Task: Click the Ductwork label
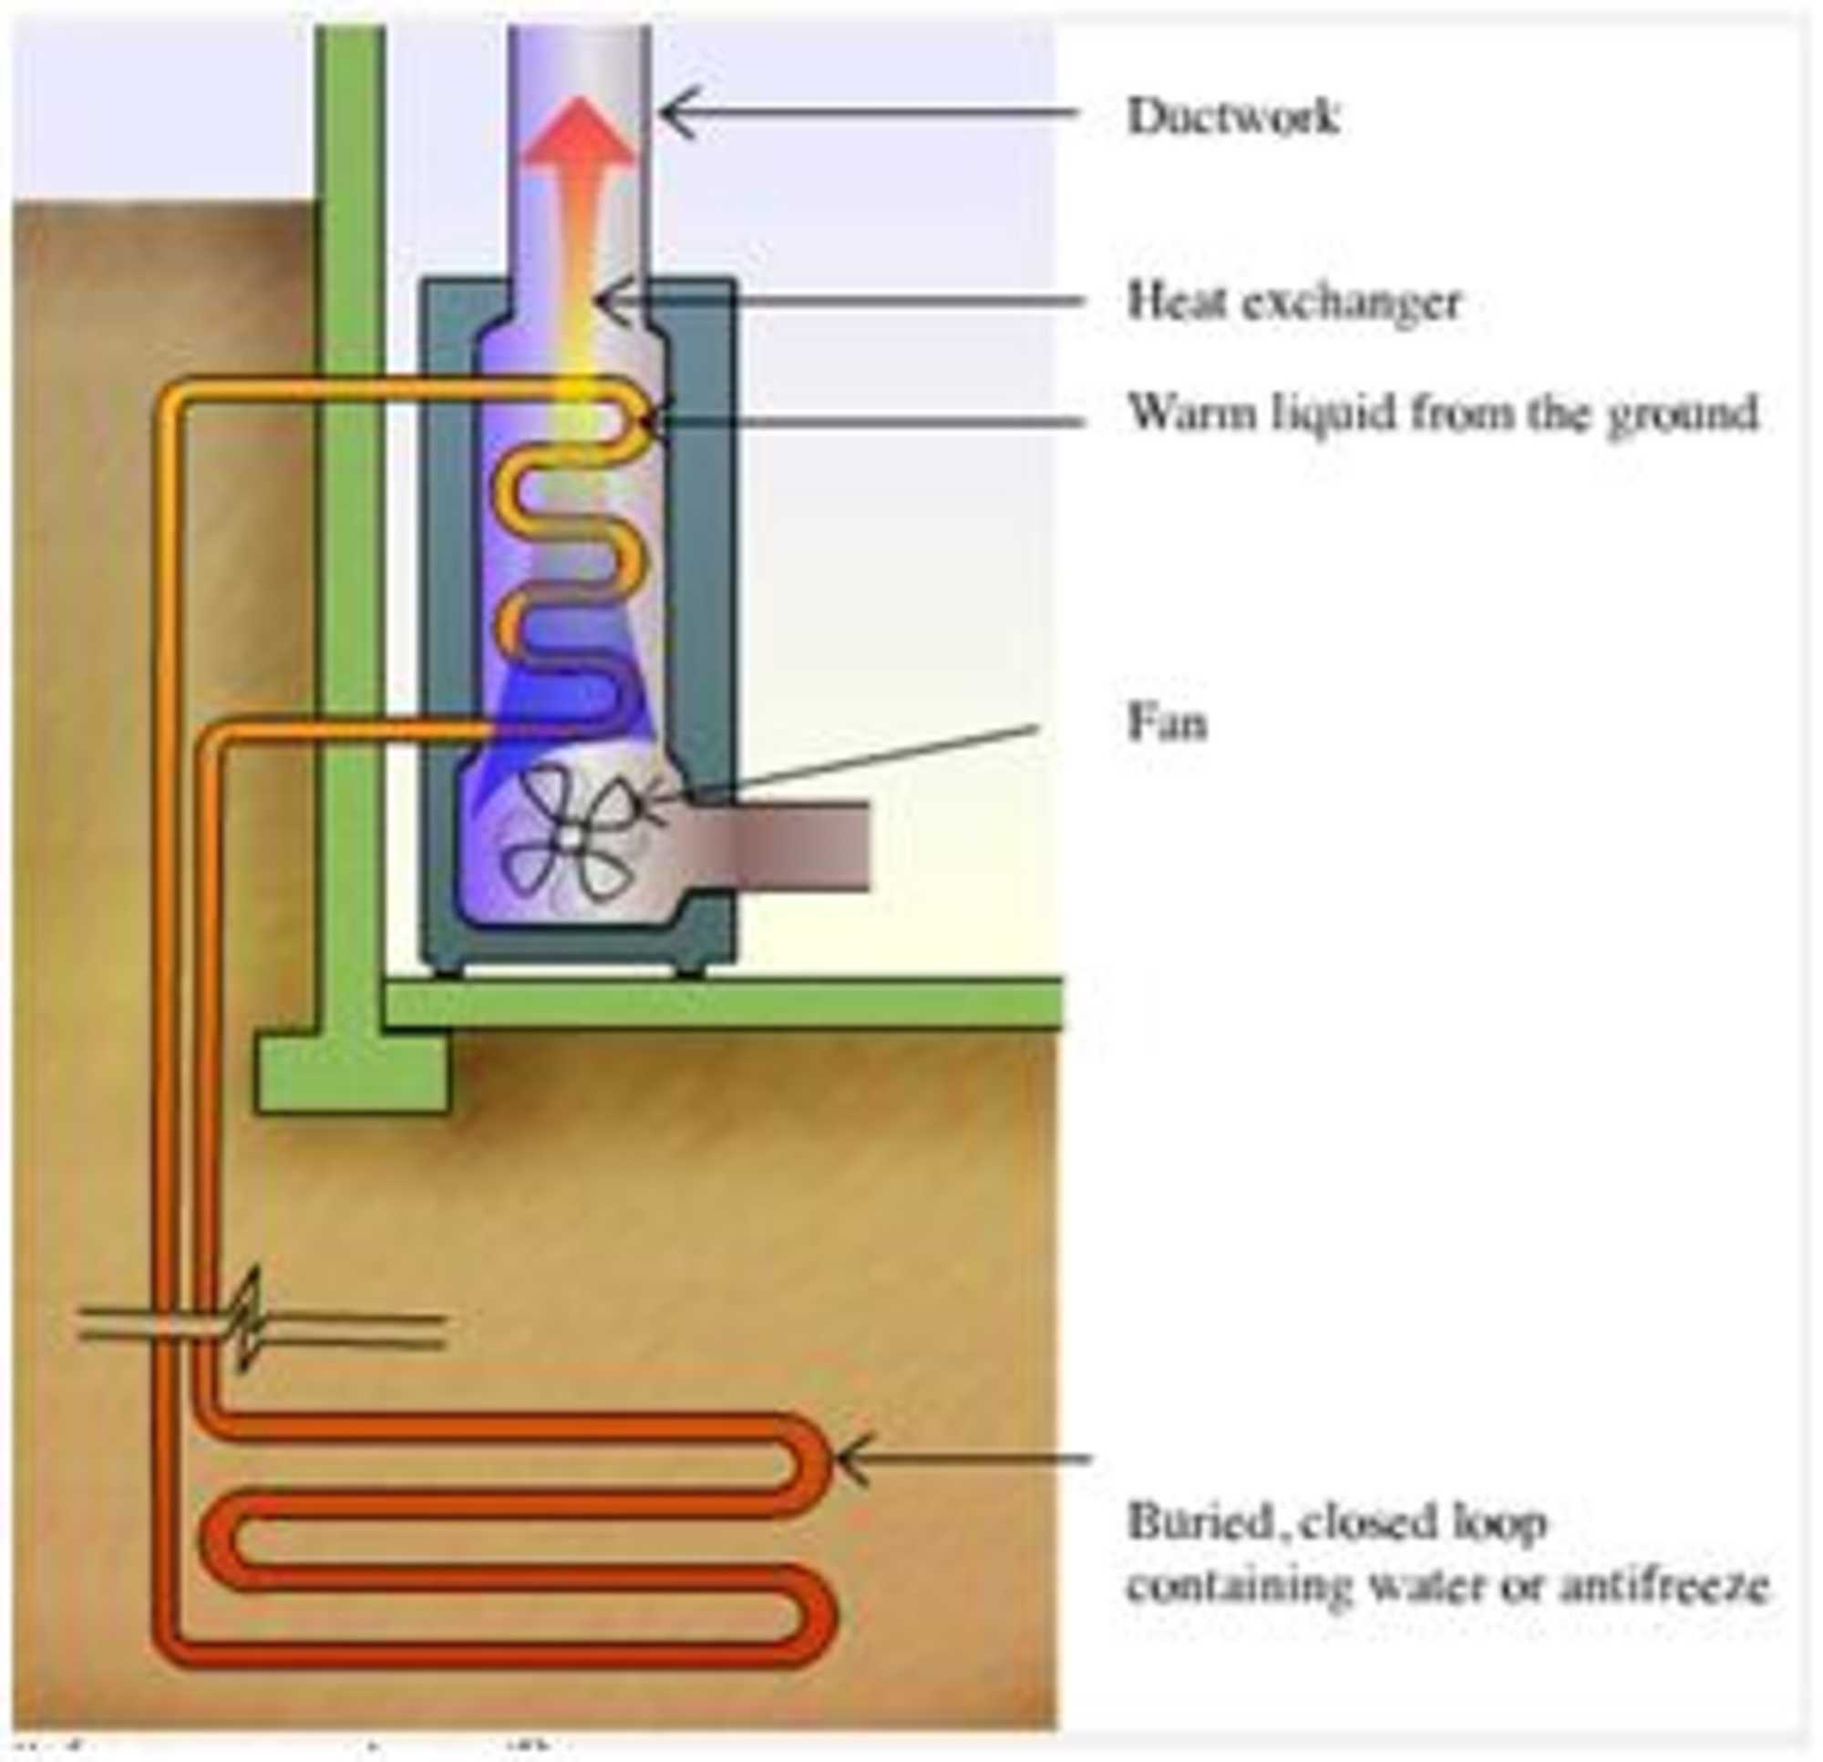click(1233, 118)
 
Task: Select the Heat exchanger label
click(1293, 302)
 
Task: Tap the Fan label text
click(1168, 722)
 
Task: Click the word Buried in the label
click(1200, 1522)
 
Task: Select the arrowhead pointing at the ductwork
click(675, 112)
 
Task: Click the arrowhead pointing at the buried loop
click(851, 1459)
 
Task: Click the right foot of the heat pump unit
click(689, 972)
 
